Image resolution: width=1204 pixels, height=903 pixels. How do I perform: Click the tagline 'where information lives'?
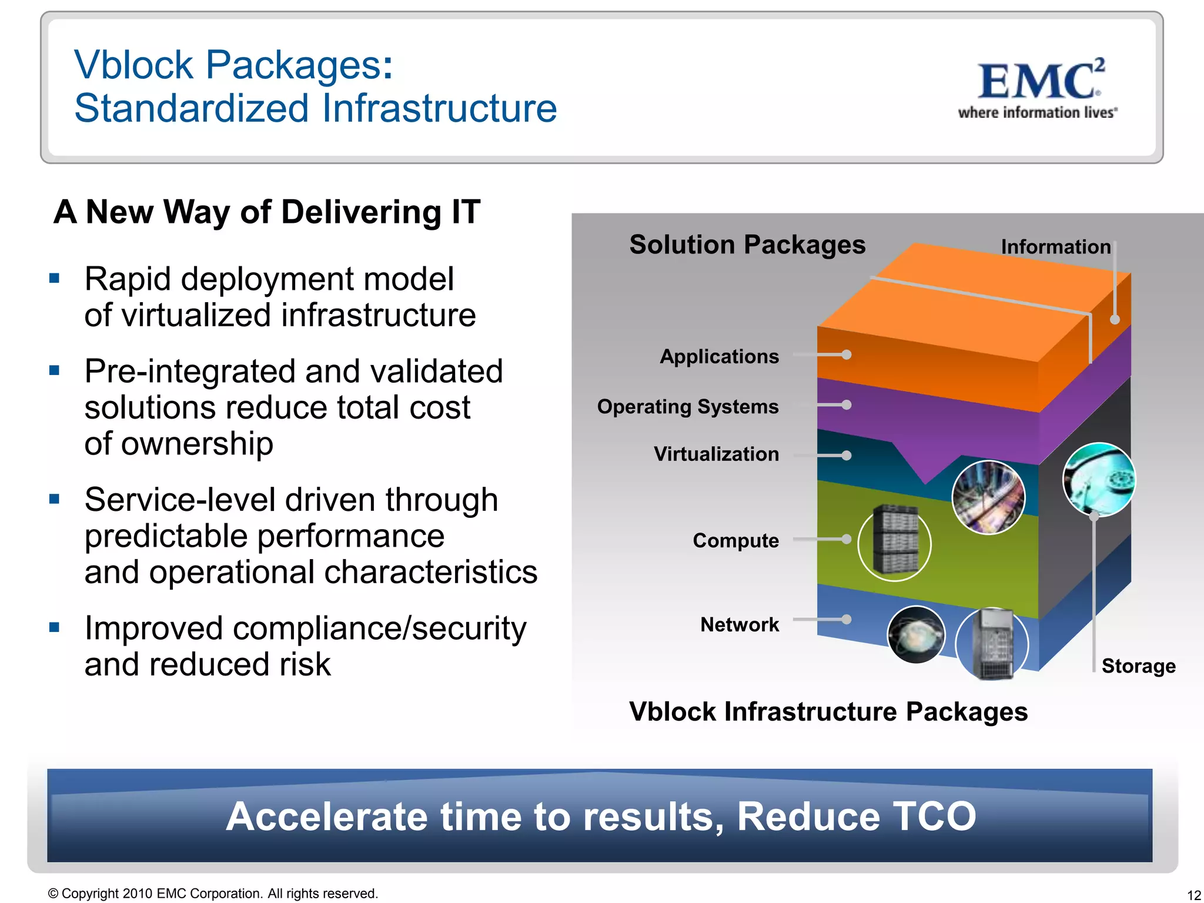[1037, 113]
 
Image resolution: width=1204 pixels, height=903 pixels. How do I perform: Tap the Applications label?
[719, 356]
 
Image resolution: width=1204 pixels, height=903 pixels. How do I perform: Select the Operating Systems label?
[687, 406]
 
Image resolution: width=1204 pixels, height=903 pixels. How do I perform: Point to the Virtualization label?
[716, 454]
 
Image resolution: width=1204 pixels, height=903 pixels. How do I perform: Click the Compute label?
[735, 540]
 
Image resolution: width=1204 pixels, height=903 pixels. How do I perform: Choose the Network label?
[739, 624]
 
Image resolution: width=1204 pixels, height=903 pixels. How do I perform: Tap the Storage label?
[1138, 666]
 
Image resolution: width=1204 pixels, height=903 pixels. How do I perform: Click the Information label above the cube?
[1055, 247]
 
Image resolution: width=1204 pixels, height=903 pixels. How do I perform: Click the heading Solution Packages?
[747, 245]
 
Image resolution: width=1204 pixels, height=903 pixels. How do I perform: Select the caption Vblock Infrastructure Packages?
[828, 711]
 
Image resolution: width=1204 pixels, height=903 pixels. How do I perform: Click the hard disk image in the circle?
[1098, 480]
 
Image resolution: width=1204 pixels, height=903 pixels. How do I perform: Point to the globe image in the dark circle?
[915, 635]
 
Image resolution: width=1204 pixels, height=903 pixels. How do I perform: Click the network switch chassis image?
[992, 644]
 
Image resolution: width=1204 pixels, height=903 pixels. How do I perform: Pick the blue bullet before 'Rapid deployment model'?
[55, 279]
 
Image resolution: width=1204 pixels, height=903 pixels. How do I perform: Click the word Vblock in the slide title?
[133, 65]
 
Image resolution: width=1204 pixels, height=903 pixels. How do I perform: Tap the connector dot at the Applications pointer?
[847, 354]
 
